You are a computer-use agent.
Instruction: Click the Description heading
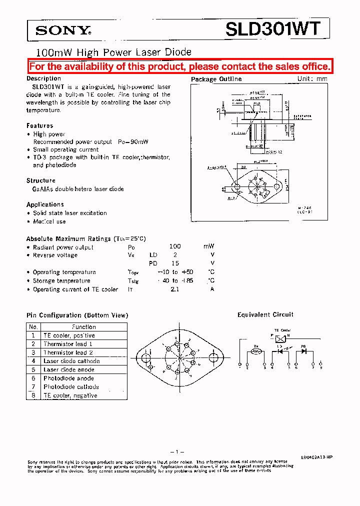pos(43,78)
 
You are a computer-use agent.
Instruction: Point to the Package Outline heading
pos(216,79)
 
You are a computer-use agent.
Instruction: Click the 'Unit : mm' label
pos(312,78)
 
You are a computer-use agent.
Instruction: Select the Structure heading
pos(41,180)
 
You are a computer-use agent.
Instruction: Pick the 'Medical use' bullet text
pos(49,221)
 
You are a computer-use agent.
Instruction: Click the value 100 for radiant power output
pos(175,246)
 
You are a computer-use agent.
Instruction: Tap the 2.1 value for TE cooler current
pos(174,289)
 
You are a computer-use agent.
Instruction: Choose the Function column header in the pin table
pos(83,326)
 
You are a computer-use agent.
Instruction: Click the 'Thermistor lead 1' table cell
pos(68,344)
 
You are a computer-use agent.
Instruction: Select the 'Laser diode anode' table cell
pos(68,369)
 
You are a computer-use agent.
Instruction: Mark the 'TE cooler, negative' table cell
pos(70,395)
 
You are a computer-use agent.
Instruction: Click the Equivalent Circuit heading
pos(265,314)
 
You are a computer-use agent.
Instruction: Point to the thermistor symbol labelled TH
pos(256,351)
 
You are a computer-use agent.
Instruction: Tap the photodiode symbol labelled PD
pos(304,351)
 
